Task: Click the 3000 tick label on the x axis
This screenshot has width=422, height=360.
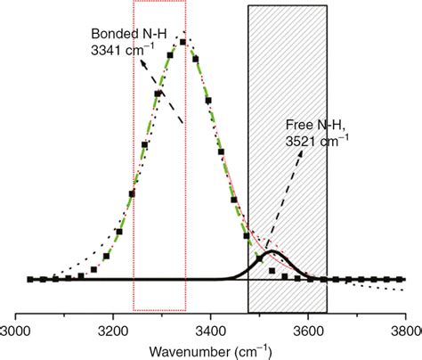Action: coord(17,329)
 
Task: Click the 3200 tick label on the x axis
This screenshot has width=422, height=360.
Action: coord(113,329)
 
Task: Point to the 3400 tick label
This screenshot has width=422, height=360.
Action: coord(210,329)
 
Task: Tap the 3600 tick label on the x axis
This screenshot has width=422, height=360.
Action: coord(307,329)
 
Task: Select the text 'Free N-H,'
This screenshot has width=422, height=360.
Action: coord(312,125)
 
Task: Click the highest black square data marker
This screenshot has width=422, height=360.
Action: coord(183,41)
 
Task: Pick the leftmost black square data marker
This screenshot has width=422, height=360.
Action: coord(29,279)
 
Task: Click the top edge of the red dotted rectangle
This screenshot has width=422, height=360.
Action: coord(158,2)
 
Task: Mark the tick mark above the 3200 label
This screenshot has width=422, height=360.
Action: coord(113,315)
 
